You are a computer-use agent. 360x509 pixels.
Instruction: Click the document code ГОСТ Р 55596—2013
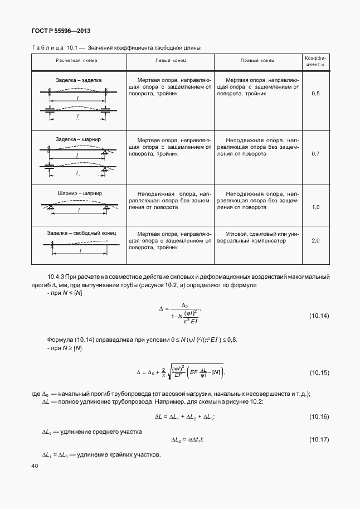pyautogui.click(x=61, y=31)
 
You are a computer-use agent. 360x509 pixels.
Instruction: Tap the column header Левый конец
pyautogui.click(x=169, y=60)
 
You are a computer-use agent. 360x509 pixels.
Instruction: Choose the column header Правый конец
pyautogui.click(x=257, y=60)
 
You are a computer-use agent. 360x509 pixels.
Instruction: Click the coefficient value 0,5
pyautogui.click(x=315, y=93)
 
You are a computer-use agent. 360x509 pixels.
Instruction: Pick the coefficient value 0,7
pyautogui.click(x=315, y=153)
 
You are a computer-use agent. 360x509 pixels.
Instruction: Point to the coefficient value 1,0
pyautogui.click(x=315, y=207)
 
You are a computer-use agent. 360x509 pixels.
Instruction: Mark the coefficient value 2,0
pyautogui.click(x=315, y=240)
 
